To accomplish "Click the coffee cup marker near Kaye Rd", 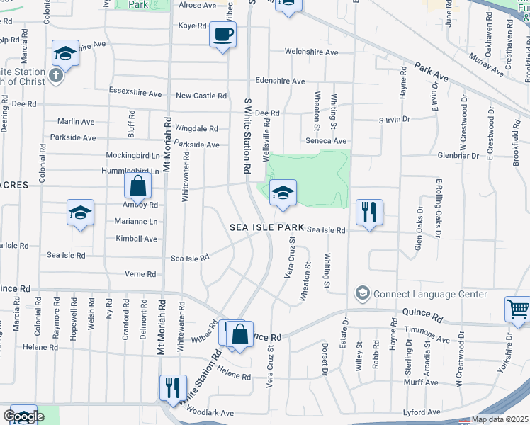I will coord(222,35).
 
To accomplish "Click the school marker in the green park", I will coord(283,193).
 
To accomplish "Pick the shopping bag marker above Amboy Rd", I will coord(138,188).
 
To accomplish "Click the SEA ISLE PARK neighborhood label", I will coord(266,228).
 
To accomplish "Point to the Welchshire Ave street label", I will coord(311,52).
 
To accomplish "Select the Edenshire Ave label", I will coord(280,81).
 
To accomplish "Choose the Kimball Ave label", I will coord(137,239).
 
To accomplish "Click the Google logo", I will coord(23,416).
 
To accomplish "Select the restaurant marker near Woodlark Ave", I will coord(173,389).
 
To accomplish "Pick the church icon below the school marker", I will coord(56,75).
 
